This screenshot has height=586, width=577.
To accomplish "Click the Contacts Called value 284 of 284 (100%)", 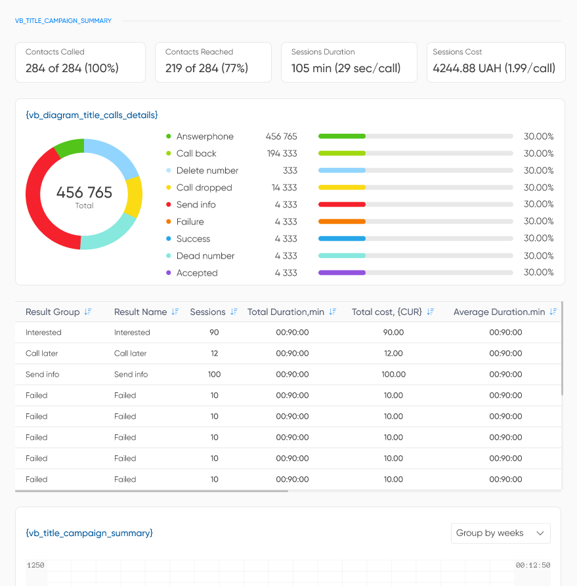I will click(72, 68).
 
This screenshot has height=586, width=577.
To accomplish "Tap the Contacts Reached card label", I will click(199, 52).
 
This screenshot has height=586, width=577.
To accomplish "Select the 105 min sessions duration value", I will click(346, 68).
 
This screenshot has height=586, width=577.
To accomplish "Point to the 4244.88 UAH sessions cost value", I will click(494, 68).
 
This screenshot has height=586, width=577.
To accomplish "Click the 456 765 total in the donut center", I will click(84, 193).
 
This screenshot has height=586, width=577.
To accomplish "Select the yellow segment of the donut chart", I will click(134, 196).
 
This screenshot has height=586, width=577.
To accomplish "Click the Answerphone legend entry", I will click(204, 136).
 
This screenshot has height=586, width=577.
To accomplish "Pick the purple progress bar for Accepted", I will click(341, 272).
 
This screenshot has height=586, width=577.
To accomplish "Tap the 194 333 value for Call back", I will click(281, 154).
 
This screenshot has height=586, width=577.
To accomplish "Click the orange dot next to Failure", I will click(169, 222).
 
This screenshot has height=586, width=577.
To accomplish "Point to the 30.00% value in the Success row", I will click(538, 238).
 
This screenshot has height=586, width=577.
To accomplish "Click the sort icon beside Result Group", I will click(88, 312).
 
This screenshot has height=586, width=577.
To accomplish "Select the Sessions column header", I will click(207, 312).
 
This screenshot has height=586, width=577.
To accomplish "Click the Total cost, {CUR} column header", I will click(387, 312).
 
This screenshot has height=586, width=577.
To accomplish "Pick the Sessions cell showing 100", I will click(214, 375).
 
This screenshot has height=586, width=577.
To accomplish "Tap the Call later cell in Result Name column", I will click(130, 354).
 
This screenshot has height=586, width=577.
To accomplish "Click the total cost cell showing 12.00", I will click(393, 354).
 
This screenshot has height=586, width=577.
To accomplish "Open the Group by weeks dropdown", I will click(500, 533).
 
